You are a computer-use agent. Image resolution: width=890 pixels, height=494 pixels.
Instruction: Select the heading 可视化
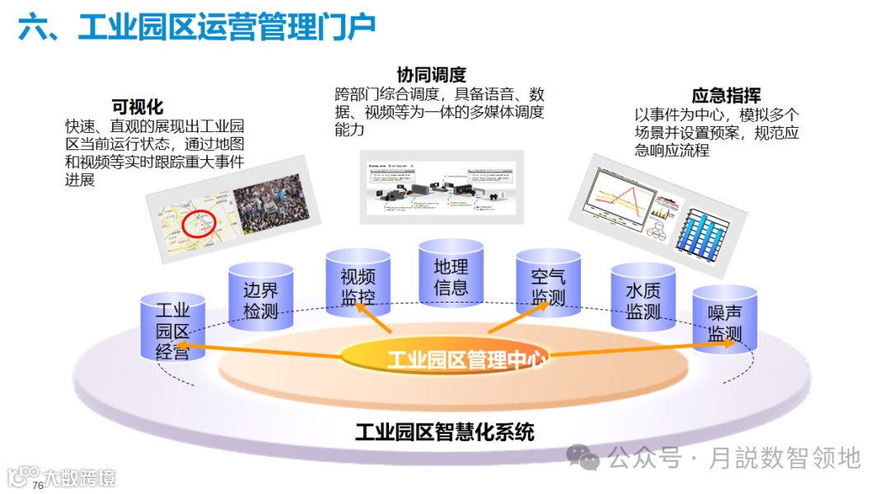click(x=138, y=106)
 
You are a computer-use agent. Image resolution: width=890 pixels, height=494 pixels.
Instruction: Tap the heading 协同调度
click(x=431, y=75)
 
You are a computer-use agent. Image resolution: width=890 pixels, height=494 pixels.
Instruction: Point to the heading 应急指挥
click(x=726, y=95)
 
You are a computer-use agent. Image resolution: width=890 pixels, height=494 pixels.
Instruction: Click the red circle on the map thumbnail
click(x=199, y=223)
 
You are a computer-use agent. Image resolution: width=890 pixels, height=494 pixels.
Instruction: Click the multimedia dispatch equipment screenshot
click(x=441, y=187)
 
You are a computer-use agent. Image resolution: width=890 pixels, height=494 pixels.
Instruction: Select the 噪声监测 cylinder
click(x=724, y=322)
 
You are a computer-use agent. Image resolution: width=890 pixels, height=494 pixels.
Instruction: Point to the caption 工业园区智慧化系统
click(x=444, y=431)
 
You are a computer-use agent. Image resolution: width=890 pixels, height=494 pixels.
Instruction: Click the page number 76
click(x=37, y=485)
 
